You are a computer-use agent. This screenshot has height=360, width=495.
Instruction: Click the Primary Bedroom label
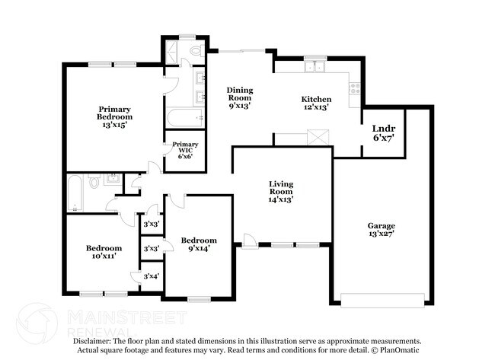[x=114, y=116]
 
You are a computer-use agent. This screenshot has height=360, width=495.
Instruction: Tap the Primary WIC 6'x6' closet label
[x=185, y=150]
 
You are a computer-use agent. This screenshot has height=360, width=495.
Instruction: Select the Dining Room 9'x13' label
[x=240, y=98]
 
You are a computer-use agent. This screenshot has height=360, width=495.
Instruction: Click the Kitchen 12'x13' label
[x=316, y=104]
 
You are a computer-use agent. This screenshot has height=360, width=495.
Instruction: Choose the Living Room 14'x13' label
[x=281, y=190]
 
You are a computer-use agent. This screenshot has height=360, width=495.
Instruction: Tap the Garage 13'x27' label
[x=382, y=229]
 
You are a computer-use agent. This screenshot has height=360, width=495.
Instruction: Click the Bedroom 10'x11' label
[x=104, y=252]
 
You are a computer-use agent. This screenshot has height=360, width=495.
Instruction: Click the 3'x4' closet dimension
[x=151, y=276]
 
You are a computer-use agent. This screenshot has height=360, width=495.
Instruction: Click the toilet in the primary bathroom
[x=195, y=51]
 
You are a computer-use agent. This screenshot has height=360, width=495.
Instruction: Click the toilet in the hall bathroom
[x=94, y=182]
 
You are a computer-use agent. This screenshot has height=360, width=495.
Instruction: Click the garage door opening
[x=382, y=298]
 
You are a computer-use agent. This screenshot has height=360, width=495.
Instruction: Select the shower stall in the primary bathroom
[x=173, y=50]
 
